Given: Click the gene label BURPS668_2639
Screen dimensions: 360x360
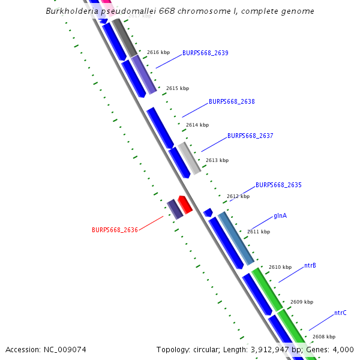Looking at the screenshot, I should point(205,53).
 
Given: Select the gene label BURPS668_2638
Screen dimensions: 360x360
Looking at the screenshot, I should point(232,101).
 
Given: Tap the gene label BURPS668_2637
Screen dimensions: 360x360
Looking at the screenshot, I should point(250,136).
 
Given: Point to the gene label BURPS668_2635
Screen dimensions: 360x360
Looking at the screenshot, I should point(278,185).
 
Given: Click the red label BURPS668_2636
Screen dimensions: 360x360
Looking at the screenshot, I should point(115,230).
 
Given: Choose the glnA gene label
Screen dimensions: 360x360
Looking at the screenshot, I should point(280,215).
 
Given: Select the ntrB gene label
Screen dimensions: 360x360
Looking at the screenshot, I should point(310,265).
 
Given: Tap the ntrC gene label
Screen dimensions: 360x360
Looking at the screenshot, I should point(340,313).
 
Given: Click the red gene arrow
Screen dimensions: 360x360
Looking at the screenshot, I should point(185,205).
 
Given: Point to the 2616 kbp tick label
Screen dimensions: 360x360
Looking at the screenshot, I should point(158,52).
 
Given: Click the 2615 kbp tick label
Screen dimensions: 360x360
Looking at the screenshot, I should point(178,88).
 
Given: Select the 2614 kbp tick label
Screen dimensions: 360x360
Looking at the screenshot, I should point(197,125).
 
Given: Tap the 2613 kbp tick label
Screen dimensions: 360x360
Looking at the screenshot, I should point(217,160).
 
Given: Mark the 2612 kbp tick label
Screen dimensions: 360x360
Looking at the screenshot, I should point(238,196).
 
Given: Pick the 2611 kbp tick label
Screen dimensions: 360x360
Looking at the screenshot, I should point(259,232).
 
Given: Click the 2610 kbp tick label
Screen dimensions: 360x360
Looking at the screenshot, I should point(280,267).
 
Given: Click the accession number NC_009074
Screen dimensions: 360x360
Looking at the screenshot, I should point(64,349).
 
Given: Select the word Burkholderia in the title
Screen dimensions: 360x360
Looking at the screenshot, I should point(71,11).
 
